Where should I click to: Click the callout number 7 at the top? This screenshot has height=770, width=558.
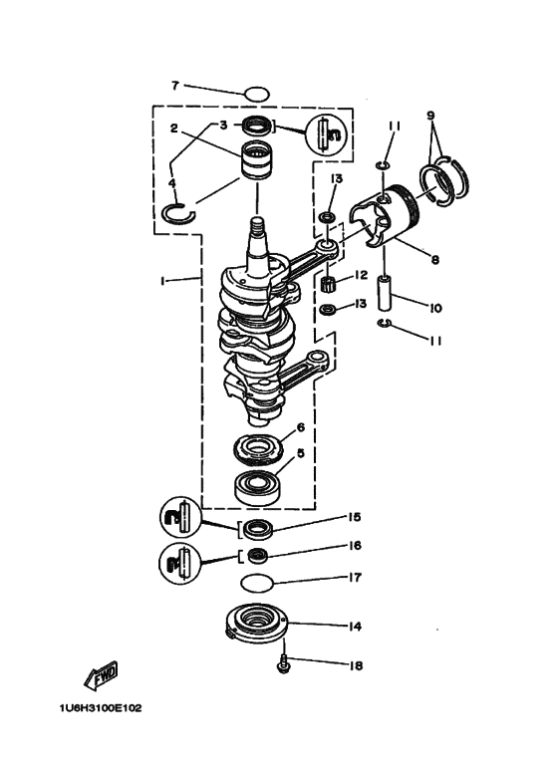[x=174, y=86]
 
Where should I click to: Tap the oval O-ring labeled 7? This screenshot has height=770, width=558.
[x=256, y=94]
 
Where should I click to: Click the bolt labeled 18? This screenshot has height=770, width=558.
[x=284, y=661]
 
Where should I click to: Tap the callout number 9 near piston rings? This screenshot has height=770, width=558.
[x=430, y=116]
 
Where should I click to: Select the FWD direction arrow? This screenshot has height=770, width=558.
[x=102, y=678]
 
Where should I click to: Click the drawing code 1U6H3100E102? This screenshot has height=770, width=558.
[x=101, y=708]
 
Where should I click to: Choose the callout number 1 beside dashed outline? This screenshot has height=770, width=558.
[x=161, y=281]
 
